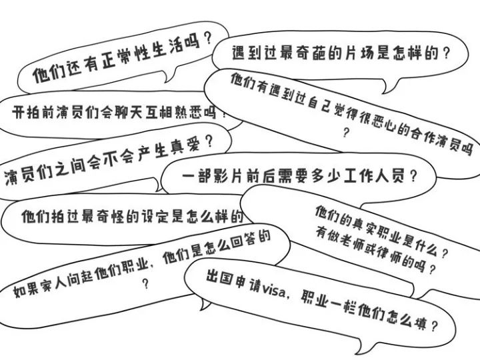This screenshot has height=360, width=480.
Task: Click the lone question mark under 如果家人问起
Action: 145,282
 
